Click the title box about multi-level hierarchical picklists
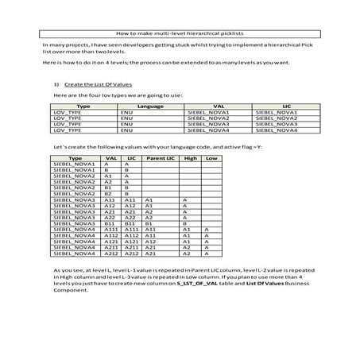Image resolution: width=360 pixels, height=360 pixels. tap(180, 34)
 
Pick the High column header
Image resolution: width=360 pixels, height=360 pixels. tap(190, 158)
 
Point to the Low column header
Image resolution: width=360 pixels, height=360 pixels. tap(211, 158)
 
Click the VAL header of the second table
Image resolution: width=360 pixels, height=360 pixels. tap(110, 158)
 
